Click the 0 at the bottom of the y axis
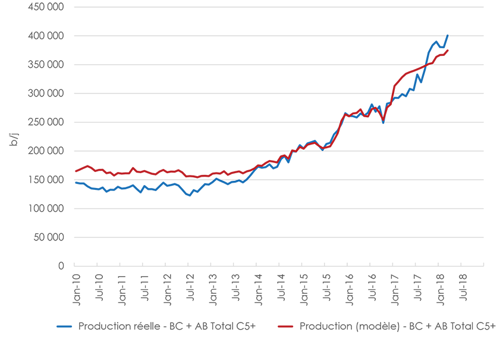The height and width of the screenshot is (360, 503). [x=61, y=266]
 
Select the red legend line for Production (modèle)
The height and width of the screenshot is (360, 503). [x=286, y=326]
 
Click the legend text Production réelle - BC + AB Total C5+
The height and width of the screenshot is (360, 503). [x=166, y=326]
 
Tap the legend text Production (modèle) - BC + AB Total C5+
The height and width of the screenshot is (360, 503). [x=397, y=326]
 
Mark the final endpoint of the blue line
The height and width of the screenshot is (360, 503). [x=447, y=35]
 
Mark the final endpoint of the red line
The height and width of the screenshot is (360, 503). [x=447, y=51]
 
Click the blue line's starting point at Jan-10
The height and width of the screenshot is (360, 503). [x=76, y=183]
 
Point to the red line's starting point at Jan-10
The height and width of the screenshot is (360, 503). [x=76, y=171]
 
